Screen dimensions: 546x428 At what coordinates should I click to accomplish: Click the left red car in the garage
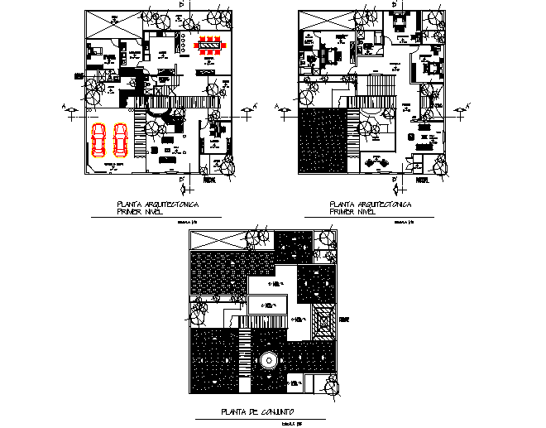click(98, 141)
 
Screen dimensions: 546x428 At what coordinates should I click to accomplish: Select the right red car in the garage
click(120, 141)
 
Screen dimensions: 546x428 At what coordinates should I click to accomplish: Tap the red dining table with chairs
click(210, 46)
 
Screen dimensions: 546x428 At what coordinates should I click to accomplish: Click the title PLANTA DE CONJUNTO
click(256, 412)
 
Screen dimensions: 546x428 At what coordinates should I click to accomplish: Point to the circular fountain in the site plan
click(267, 361)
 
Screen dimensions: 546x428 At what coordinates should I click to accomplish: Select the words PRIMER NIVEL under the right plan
click(352, 211)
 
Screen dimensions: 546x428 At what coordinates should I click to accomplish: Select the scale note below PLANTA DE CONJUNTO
click(287, 424)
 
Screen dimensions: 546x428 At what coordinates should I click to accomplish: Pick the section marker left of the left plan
click(71, 108)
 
